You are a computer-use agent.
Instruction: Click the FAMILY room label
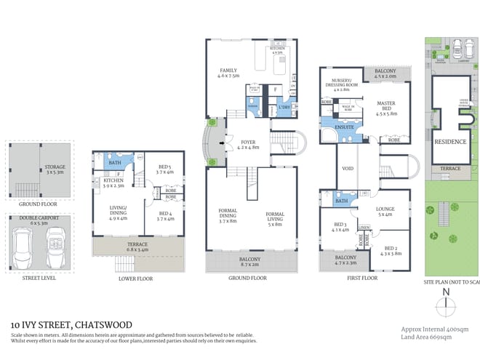229,71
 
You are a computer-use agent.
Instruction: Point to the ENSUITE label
344,127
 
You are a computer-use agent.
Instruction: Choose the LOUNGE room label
385,209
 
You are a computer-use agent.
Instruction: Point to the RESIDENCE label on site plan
450,142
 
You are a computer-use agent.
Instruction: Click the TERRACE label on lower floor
137,244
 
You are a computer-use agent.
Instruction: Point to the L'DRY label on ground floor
284,109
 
